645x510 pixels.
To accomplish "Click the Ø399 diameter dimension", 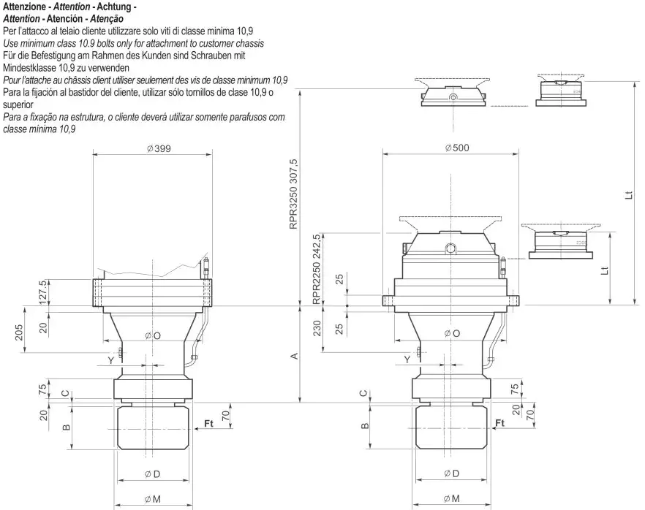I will [x=154, y=148].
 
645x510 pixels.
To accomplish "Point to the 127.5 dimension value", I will [x=43, y=291].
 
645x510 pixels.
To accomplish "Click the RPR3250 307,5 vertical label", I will [x=294, y=194].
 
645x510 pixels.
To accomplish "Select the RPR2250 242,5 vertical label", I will [x=317, y=269].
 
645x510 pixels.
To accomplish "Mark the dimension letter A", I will [x=294, y=356].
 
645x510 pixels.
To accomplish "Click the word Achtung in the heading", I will [x=107, y=7].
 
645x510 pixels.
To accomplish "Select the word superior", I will [x=20, y=104].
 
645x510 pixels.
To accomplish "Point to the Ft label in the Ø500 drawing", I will [x=500, y=423].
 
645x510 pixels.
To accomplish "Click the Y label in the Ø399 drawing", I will [x=111, y=360].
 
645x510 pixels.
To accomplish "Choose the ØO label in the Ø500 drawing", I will [x=453, y=333].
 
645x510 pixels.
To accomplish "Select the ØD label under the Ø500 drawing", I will [x=451, y=473].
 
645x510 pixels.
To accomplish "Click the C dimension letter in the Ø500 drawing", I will [x=363, y=393].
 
